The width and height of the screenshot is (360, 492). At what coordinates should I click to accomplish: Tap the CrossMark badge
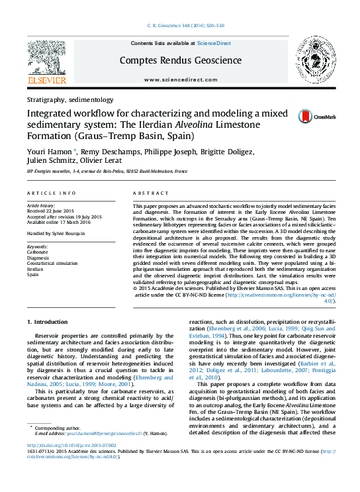pos(308,117)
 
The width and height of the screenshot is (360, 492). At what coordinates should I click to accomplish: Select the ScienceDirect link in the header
pos(214,43)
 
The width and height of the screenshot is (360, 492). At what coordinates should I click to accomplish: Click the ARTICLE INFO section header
pos(51,193)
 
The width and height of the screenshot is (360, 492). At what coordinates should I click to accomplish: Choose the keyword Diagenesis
pos(38,258)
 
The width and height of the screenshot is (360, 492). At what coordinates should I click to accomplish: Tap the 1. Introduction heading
pos(47,322)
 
